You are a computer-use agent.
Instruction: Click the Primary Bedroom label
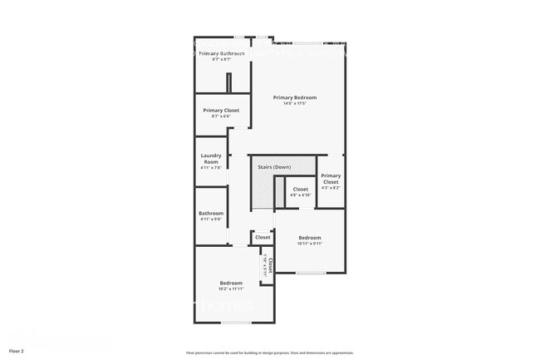point(295,97)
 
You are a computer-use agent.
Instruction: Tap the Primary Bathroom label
point(221,53)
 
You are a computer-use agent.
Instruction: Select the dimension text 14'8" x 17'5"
point(295,104)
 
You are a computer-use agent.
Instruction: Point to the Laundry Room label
point(210,158)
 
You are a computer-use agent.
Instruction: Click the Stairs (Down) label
point(274,167)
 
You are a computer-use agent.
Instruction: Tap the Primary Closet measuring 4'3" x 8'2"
point(331,179)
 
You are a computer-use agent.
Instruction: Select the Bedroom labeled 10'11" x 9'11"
point(311,239)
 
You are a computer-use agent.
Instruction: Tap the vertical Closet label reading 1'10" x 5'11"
point(268,264)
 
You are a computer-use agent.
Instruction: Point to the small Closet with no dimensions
point(263,238)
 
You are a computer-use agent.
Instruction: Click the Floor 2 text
point(17,352)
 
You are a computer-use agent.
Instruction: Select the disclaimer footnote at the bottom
point(270,353)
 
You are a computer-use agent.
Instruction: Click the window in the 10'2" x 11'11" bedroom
point(236,322)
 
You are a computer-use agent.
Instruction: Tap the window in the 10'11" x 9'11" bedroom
point(311,273)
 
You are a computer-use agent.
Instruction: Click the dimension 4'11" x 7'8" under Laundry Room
point(210,168)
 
